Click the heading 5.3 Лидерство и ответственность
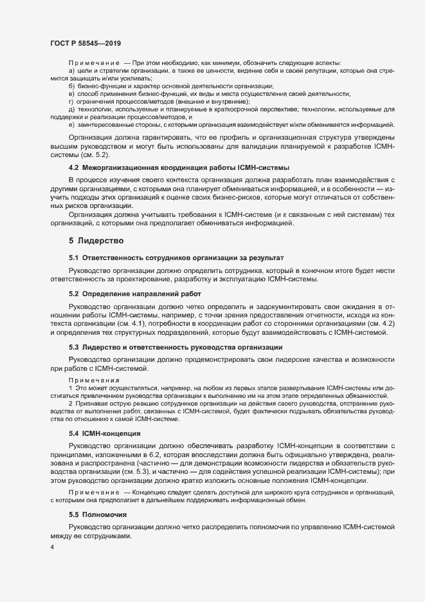click(x=175, y=347)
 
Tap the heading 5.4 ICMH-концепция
click(x=104, y=434)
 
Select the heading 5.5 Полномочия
click(x=98, y=515)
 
